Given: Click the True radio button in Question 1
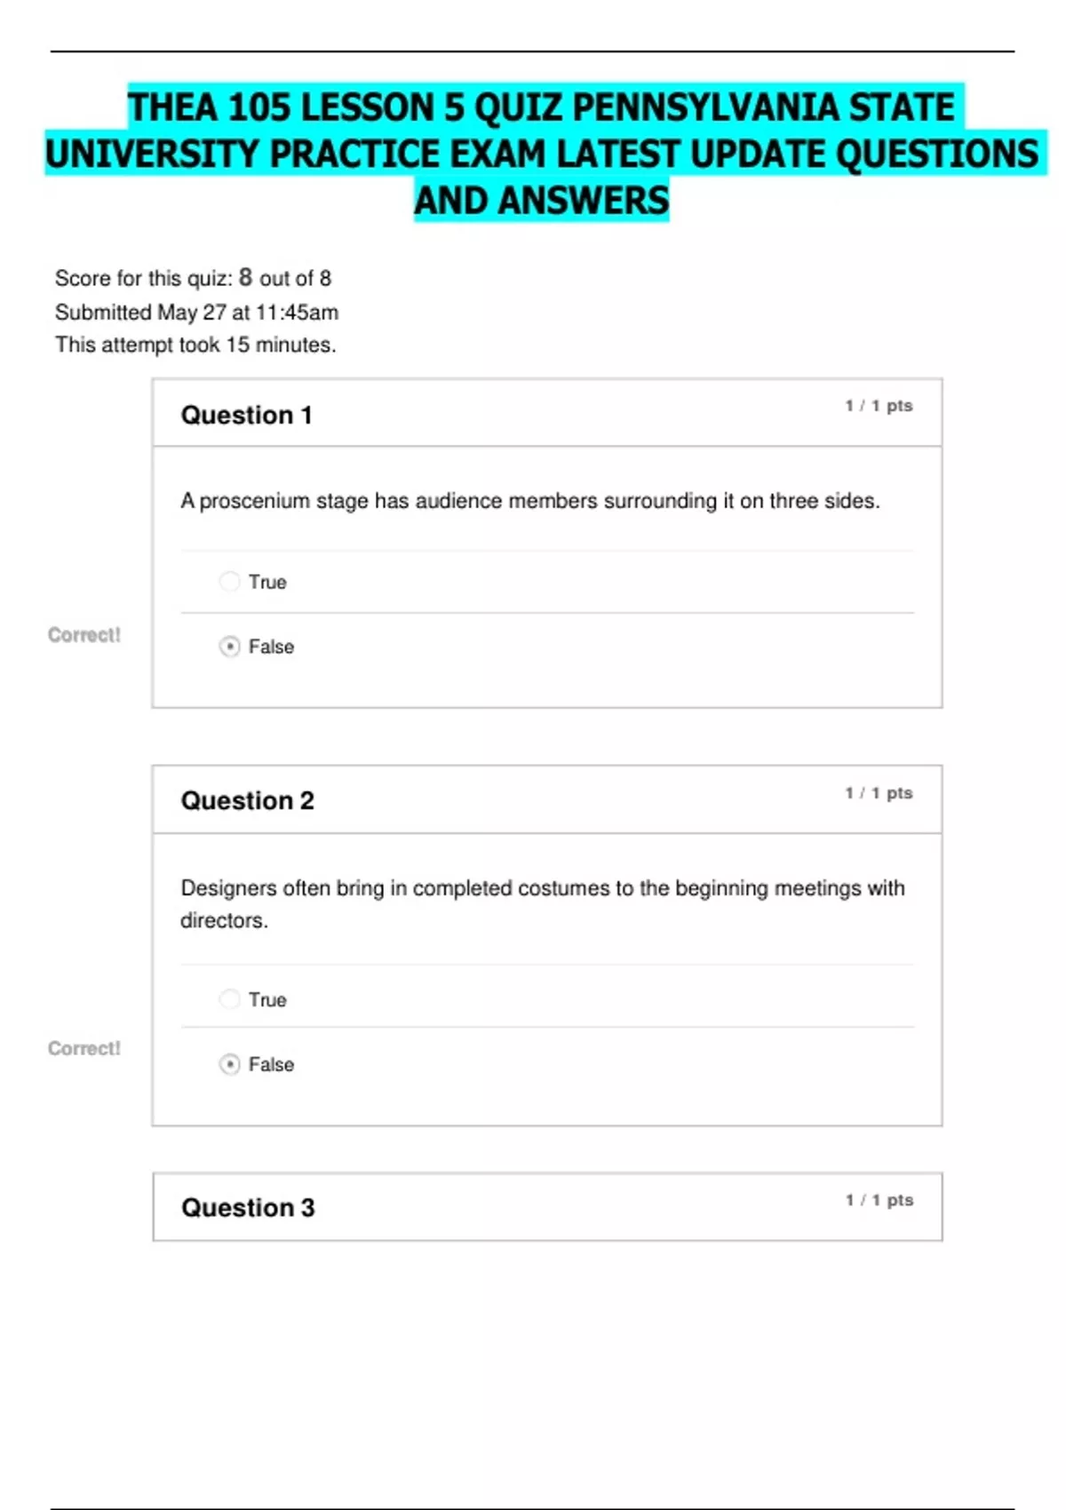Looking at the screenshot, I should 229,582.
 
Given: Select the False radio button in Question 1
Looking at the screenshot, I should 229,647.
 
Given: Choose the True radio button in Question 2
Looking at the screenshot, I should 229,999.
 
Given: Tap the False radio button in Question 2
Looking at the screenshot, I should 229,1064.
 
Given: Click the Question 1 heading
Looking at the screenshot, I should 246,415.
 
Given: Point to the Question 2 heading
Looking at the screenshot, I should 247,800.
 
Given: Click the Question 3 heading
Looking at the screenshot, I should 248,1207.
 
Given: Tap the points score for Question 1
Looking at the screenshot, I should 879,406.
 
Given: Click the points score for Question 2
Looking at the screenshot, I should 879,792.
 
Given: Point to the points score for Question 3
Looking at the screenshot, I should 879,1200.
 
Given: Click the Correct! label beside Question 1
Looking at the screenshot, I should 84,635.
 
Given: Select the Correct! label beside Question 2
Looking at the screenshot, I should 84,1048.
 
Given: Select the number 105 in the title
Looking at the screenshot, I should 259,108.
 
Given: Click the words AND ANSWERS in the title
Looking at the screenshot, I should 541,201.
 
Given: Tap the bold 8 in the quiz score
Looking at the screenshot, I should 245,277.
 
